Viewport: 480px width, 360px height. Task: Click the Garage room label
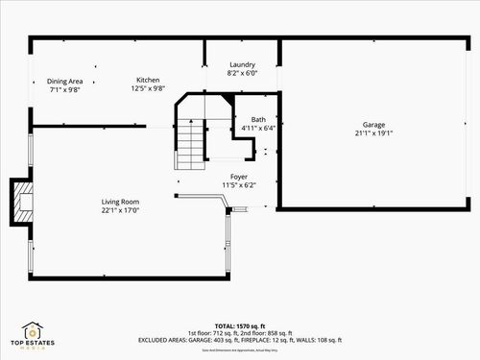click(373, 125)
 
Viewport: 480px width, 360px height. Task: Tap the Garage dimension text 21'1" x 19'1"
click(373, 133)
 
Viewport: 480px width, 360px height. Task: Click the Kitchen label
click(148, 80)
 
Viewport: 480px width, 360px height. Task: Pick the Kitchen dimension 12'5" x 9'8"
click(148, 88)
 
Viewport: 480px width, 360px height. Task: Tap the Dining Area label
click(65, 81)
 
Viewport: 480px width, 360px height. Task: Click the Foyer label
click(239, 177)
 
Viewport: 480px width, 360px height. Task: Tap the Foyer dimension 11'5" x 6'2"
click(239, 184)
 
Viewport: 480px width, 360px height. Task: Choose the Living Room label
click(121, 202)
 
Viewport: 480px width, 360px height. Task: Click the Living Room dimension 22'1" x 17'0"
click(121, 209)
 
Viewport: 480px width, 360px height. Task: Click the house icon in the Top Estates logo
click(35, 331)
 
